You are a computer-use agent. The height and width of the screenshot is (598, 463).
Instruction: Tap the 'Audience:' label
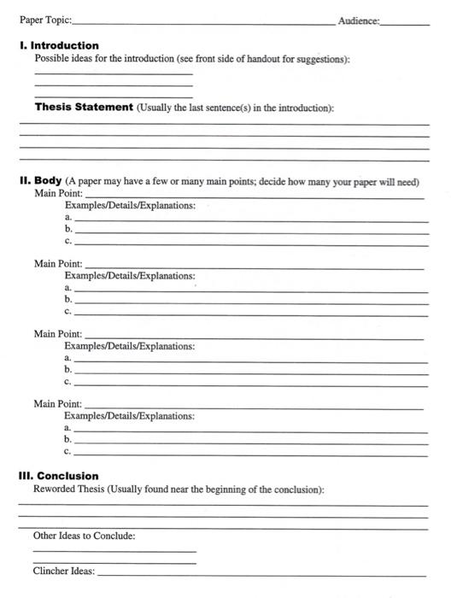coord(358,19)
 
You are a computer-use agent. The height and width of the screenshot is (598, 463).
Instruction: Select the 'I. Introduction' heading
coord(59,45)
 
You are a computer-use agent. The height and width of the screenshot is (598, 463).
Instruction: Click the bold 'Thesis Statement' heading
coord(84,108)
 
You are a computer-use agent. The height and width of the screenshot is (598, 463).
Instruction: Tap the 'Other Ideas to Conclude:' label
coord(84,536)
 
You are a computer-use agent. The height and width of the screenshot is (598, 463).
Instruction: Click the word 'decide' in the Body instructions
coord(276,182)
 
